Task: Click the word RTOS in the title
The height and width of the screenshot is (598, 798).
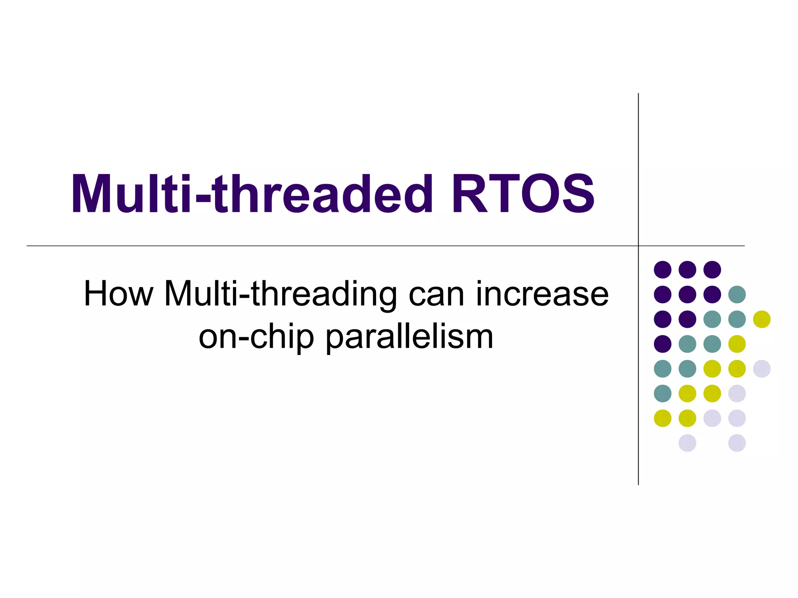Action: pyautogui.click(x=522, y=194)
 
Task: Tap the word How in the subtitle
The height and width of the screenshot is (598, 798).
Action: pyautogui.click(x=118, y=294)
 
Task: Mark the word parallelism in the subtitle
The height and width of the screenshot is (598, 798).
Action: pyautogui.click(x=410, y=337)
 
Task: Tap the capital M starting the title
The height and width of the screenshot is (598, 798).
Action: pyautogui.click(x=92, y=194)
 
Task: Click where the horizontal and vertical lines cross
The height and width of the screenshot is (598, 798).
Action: pyautogui.click(x=638, y=246)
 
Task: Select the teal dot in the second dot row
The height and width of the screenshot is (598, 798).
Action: pyautogui.click(x=737, y=294)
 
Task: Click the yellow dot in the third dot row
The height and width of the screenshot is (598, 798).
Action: pyautogui.click(x=762, y=319)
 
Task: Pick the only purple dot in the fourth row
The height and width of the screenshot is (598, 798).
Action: pyautogui.click(x=662, y=344)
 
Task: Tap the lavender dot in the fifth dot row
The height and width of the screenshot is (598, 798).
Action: pyautogui.click(x=762, y=369)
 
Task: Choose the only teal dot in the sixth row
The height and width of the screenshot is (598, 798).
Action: pyautogui.click(x=662, y=393)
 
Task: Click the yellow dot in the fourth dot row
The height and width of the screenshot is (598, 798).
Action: pyautogui.click(x=737, y=344)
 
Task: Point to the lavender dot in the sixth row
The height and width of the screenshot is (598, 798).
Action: pyautogui.click(x=737, y=393)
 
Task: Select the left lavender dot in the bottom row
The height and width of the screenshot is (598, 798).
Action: pyautogui.click(x=687, y=443)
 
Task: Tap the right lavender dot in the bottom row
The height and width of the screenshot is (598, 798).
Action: pyautogui.click(x=737, y=443)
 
